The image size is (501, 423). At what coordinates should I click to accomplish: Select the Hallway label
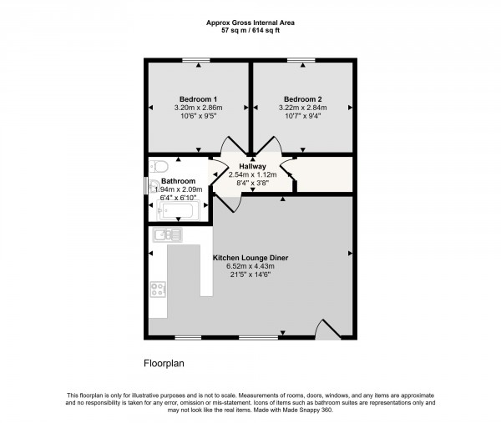(252, 166)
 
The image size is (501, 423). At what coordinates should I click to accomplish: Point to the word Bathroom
(178, 181)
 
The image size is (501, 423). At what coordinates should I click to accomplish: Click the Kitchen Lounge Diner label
(251, 258)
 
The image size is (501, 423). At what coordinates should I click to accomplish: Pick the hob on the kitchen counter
(158, 290)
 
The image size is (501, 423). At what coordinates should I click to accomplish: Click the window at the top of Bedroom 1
(197, 60)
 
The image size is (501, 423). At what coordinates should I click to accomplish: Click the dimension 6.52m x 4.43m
(251, 267)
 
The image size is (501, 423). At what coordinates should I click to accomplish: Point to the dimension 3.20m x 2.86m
(197, 108)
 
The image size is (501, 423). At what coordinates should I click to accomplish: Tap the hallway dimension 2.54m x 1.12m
(252, 174)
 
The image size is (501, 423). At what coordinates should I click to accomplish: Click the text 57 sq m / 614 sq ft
(250, 30)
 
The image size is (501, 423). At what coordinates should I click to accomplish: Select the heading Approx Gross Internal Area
(250, 22)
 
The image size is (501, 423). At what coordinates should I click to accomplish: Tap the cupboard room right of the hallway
(323, 175)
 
